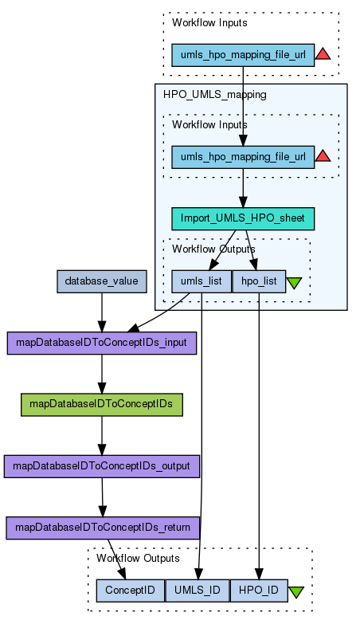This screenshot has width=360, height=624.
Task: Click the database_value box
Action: coord(102,281)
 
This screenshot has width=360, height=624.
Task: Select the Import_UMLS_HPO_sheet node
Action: coord(243,218)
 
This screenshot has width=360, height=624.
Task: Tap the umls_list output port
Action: coord(202,281)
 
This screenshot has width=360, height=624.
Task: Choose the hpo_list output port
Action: coord(259,281)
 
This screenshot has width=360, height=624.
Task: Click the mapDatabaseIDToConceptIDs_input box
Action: coord(102,343)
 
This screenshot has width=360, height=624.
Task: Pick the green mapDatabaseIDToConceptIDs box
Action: coord(102,405)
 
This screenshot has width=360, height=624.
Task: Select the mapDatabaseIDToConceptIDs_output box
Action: coord(102,466)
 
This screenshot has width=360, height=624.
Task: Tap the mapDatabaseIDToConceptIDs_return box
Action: coord(103,528)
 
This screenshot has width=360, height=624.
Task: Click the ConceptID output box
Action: coord(131,591)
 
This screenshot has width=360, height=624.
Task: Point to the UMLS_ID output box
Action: coord(198,591)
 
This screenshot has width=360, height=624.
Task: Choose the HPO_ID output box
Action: coord(259,591)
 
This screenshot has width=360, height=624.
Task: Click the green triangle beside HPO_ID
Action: coord(296,592)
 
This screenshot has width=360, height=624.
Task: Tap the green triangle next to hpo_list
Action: coord(294,284)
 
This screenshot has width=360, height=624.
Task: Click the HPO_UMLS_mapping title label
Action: coord(215,95)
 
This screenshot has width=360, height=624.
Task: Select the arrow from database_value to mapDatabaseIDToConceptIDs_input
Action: coord(102,312)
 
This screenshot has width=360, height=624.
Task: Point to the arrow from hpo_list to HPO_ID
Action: coord(259,436)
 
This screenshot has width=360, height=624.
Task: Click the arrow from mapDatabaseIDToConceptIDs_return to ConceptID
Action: coord(116,559)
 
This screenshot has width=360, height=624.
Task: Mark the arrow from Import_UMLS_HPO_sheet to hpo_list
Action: coord(251,250)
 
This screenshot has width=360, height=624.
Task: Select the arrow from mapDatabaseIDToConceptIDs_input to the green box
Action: coord(102,374)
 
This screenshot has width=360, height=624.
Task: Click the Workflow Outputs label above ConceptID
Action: coord(138,559)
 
